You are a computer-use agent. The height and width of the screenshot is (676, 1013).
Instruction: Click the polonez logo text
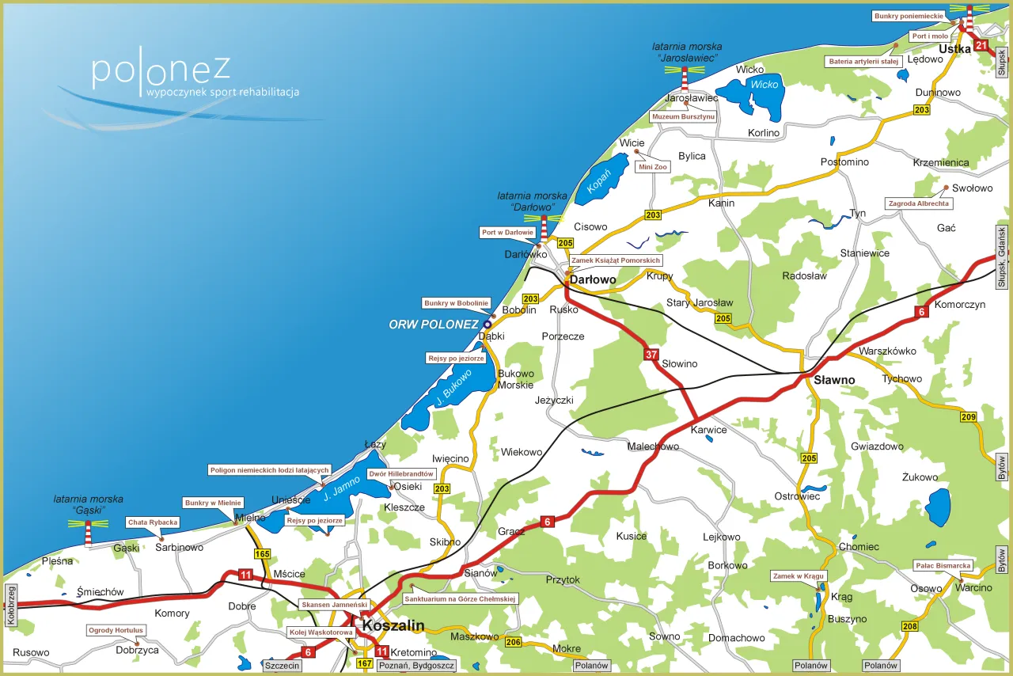pyautogui.click(x=161, y=71)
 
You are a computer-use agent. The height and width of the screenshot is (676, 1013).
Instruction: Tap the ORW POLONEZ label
pyautogui.click(x=434, y=325)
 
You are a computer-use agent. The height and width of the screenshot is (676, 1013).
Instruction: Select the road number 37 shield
pyautogui.click(x=651, y=354)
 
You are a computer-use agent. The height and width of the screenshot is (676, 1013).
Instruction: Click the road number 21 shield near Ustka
pyautogui.click(x=981, y=45)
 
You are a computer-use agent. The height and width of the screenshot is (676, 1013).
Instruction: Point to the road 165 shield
pyautogui.click(x=262, y=554)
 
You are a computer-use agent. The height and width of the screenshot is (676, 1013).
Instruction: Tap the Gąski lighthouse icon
pyautogui.click(x=88, y=533)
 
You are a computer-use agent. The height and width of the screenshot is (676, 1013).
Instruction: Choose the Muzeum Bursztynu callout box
pyautogui.click(x=683, y=116)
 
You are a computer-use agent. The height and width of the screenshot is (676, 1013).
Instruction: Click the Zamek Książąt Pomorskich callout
pyautogui.click(x=615, y=260)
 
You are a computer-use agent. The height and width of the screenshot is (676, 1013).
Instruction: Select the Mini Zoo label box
pyautogui.click(x=653, y=167)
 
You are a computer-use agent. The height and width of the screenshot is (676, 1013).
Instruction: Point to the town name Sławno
pyautogui.click(x=834, y=380)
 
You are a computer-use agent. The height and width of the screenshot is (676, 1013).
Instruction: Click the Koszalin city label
pyautogui.click(x=393, y=626)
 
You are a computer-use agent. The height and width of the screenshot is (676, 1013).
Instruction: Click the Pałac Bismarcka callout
pyautogui.click(x=943, y=565)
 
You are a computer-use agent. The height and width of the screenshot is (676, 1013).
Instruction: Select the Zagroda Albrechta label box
pyautogui.click(x=919, y=203)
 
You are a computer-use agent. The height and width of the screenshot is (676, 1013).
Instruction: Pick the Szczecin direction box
pyautogui.click(x=283, y=666)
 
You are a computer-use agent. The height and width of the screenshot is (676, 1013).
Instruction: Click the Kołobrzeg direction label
pyautogui.click(x=10, y=606)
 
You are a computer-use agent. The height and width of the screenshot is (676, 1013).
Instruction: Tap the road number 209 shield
pyautogui.click(x=968, y=417)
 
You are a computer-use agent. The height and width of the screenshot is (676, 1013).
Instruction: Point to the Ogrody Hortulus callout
pyautogui.click(x=116, y=631)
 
